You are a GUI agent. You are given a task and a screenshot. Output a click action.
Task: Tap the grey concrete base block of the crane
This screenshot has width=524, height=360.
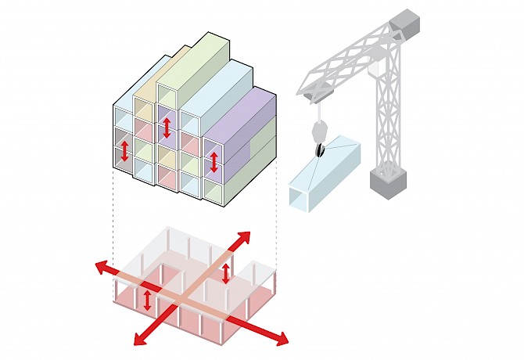click(x=389, y=183)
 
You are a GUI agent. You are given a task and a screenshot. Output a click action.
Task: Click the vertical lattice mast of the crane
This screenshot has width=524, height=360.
click(x=389, y=117)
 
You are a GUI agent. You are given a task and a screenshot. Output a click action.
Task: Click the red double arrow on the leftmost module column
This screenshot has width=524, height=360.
click(x=123, y=153)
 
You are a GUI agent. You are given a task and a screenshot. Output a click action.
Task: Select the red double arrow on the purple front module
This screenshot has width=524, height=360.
click(x=214, y=162)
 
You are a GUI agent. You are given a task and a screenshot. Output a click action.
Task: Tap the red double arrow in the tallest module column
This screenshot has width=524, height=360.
click(x=167, y=127)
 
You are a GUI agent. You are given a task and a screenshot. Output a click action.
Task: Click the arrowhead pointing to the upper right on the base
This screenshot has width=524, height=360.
click(x=244, y=237)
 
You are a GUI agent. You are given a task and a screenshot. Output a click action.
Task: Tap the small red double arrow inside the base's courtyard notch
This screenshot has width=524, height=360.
click(x=227, y=274)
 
